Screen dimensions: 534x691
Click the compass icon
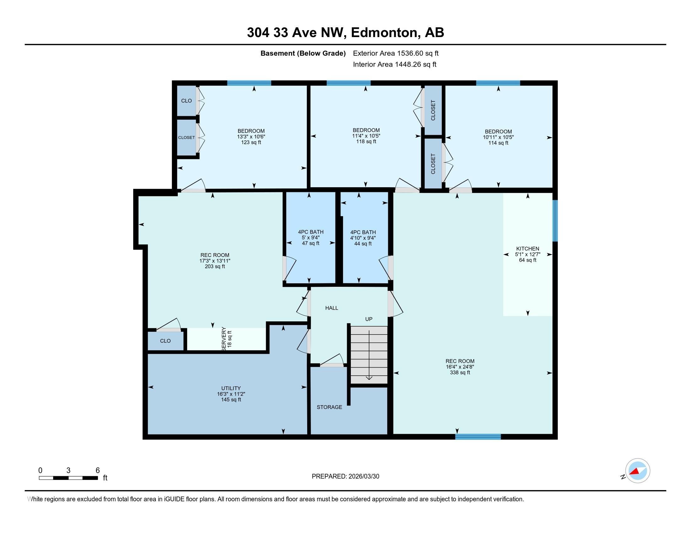click(x=638, y=471)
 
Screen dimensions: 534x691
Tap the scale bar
click(x=68, y=478)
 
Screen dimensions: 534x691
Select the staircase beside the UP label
click(x=369, y=355)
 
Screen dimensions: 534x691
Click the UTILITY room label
click(x=231, y=388)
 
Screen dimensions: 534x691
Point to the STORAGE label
click(x=329, y=407)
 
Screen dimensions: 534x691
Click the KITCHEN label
click(x=527, y=249)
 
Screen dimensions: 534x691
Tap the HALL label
click(x=332, y=308)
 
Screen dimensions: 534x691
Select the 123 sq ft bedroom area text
click(x=251, y=142)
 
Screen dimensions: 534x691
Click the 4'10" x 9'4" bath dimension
click(x=363, y=238)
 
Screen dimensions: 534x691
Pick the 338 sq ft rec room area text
click(x=460, y=373)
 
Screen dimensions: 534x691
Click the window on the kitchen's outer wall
click(x=555, y=221)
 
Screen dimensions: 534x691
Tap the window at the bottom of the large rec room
click(x=478, y=437)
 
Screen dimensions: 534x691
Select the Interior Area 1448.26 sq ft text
click(x=394, y=64)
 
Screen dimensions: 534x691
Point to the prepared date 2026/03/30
click(x=363, y=477)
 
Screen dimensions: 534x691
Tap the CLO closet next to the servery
click(x=165, y=341)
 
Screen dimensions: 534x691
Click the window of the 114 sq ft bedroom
click(x=498, y=83)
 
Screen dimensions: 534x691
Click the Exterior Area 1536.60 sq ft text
click(x=395, y=53)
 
